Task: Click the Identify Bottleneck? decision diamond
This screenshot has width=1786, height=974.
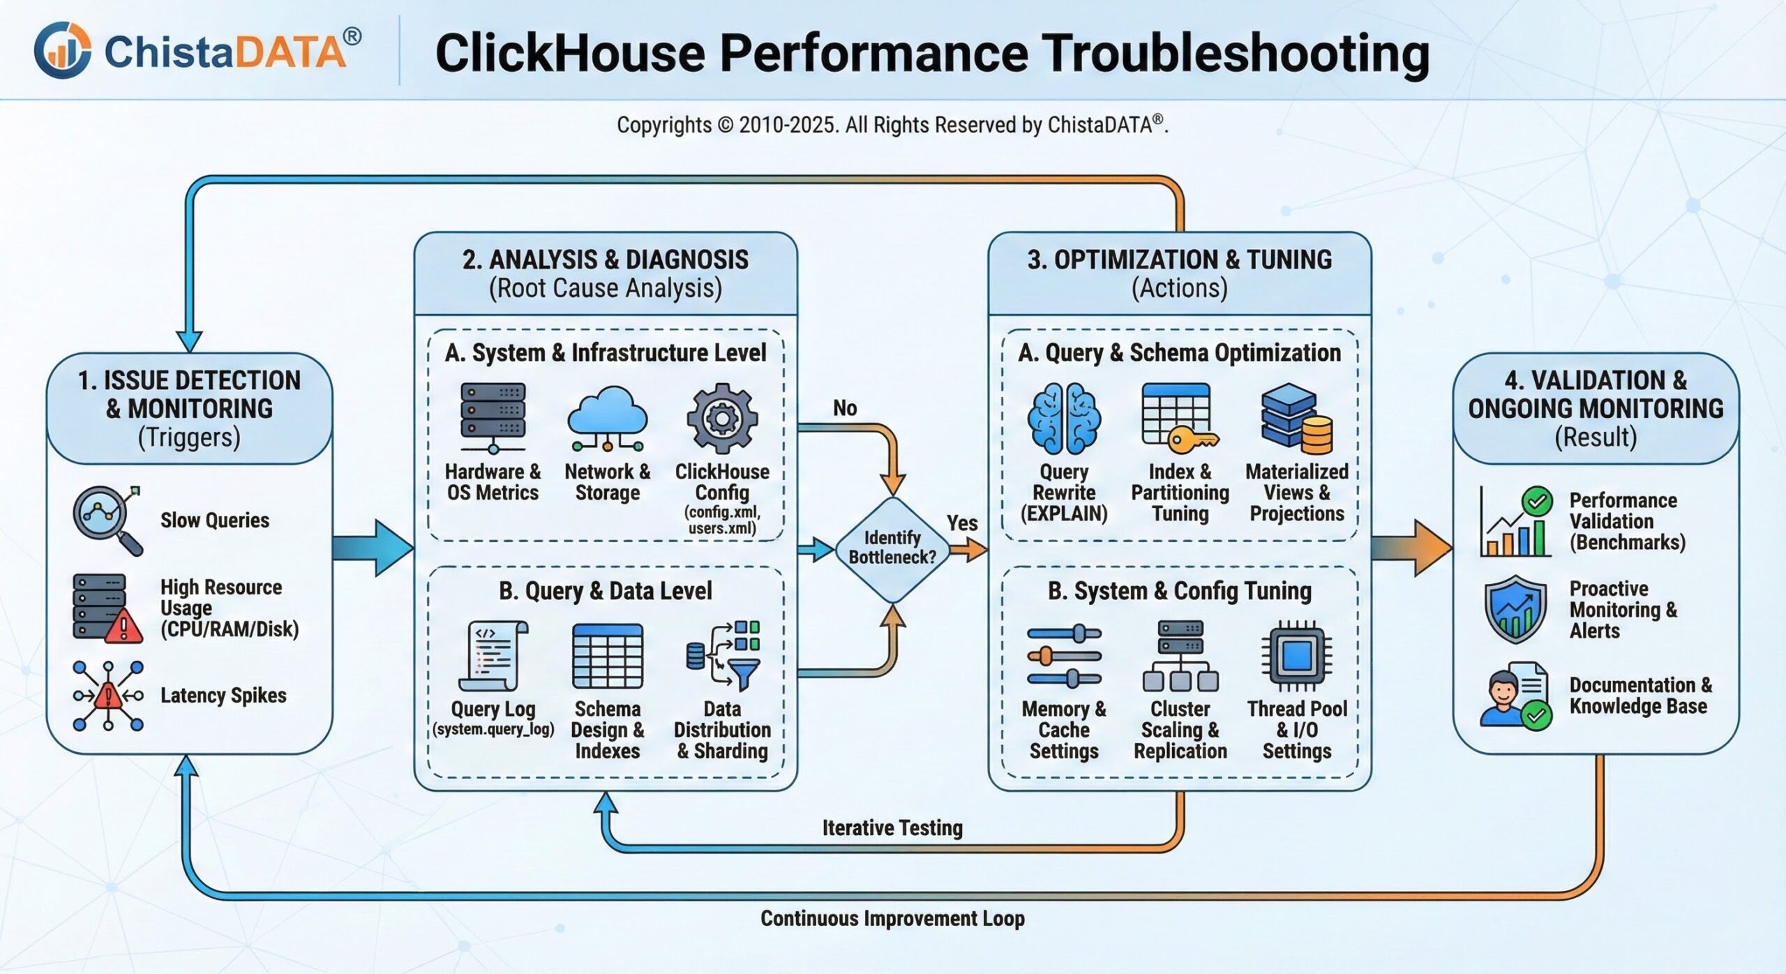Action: tap(892, 548)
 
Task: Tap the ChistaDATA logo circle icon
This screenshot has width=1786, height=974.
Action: tap(62, 50)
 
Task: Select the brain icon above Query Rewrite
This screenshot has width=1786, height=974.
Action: tap(1064, 419)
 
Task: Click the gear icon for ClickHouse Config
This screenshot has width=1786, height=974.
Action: tap(721, 419)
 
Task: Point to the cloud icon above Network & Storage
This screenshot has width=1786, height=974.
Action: tap(607, 417)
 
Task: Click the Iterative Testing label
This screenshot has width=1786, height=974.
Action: tap(892, 828)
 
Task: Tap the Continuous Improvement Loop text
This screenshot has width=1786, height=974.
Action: tap(892, 918)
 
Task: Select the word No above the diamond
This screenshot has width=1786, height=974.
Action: tap(845, 408)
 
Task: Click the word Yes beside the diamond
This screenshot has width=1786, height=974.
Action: tap(962, 523)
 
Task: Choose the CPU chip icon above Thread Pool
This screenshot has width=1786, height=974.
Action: tap(1296, 656)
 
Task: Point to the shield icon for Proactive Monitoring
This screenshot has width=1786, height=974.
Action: tap(1515, 609)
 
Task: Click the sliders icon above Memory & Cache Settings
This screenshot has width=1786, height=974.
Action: tap(1063, 656)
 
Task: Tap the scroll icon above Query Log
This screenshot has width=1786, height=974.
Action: tap(493, 656)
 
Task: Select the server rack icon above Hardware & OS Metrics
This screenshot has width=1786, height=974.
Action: tap(493, 417)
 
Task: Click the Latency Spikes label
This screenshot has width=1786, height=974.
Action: tap(223, 696)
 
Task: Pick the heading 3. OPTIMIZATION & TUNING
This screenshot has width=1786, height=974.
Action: tap(1179, 260)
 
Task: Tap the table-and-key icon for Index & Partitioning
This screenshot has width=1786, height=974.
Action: tap(1179, 417)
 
